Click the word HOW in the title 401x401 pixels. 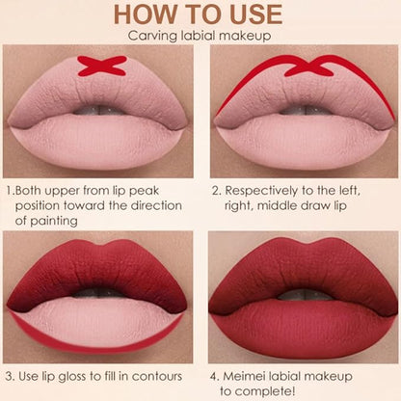pos(146,14)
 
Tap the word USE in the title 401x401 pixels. pos(255,14)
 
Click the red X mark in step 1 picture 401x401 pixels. pos(102,66)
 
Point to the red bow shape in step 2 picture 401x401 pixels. pos(309,67)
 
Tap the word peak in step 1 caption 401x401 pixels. pos(145,191)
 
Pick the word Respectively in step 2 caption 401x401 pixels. pos(261,191)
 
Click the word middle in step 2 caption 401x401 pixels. pos(277,205)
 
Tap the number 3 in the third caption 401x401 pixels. pos(10,376)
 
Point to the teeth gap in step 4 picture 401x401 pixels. pos(304,295)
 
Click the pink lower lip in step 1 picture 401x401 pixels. pos(96,142)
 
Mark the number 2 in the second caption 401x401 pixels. pos(216,191)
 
